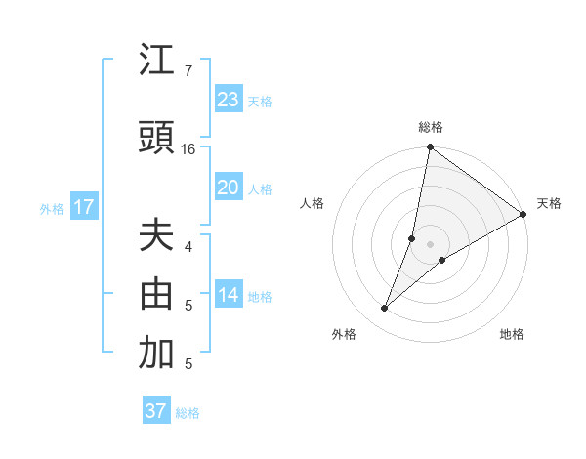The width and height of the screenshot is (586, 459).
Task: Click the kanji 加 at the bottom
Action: [x=157, y=355]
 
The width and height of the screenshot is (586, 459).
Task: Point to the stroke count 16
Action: [x=188, y=149]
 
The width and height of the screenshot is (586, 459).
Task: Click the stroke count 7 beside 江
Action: [x=188, y=71]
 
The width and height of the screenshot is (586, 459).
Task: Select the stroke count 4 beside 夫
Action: [x=188, y=246]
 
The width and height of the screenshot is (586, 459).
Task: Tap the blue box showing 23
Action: [x=229, y=100]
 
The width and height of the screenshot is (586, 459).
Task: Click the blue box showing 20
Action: [x=229, y=188]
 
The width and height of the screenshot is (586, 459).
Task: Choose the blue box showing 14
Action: [x=229, y=296]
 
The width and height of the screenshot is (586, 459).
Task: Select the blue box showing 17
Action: [x=83, y=207]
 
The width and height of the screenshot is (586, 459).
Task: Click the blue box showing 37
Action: [x=156, y=411]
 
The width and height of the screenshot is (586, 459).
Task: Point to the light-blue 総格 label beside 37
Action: [x=188, y=413]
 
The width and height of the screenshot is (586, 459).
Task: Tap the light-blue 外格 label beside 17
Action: [x=52, y=208]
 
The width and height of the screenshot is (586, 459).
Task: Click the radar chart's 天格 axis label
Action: [x=549, y=203]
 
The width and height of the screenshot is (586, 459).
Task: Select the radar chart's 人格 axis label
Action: [x=312, y=203]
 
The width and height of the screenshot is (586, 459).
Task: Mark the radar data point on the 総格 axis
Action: [x=430, y=148]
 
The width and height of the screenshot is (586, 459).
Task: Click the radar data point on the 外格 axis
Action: [x=385, y=309]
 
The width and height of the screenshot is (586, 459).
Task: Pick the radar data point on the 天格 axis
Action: [x=523, y=215]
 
